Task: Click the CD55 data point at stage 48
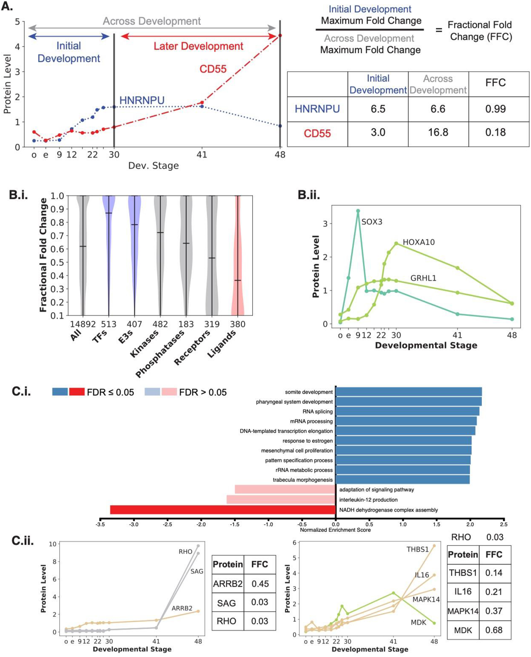coord(280,35)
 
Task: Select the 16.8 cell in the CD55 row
coord(438,133)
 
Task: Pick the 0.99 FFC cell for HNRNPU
coord(496,109)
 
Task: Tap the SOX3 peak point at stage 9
coord(358,211)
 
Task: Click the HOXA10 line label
coord(419,242)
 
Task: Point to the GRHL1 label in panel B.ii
coord(423,278)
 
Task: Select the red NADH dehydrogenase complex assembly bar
coord(223,510)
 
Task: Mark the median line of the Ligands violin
coord(237,280)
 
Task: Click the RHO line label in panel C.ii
coord(185,552)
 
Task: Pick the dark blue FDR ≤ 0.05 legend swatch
coord(60,392)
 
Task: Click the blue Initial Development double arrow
coord(68,36)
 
